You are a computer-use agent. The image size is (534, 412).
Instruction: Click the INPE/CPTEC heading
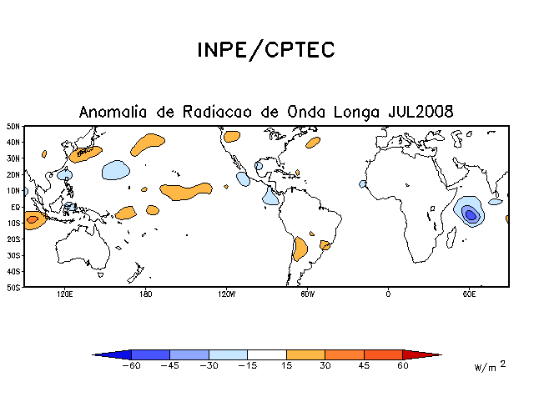(266, 50)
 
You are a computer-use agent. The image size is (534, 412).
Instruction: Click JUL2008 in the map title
(421, 112)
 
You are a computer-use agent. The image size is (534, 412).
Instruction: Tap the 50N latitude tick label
(13, 127)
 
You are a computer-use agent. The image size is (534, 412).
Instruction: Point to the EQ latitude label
(16, 207)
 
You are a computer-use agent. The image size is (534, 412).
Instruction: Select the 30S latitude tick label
(13, 255)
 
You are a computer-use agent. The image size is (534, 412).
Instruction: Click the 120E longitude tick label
(65, 294)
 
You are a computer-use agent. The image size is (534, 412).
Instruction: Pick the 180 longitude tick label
(145, 294)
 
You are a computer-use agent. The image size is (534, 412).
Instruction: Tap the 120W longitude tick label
(226, 294)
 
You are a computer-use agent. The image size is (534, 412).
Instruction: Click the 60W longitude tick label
(307, 294)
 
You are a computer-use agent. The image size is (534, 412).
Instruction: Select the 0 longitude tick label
(388, 294)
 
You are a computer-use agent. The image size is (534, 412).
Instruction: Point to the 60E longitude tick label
(469, 294)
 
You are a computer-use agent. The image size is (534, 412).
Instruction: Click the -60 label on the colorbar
(131, 365)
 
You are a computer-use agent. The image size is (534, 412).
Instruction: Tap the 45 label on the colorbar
(364, 365)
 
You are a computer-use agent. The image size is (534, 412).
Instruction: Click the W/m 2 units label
(490, 365)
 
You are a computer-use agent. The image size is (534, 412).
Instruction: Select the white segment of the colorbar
(267, 354)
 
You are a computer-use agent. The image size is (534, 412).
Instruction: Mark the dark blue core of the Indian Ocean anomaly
(471, 215)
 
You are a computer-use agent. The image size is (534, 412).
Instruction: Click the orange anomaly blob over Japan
(85, 154)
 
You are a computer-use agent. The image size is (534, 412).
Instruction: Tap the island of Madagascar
(451, 238)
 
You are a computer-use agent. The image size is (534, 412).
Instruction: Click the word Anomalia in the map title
(113, 112)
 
